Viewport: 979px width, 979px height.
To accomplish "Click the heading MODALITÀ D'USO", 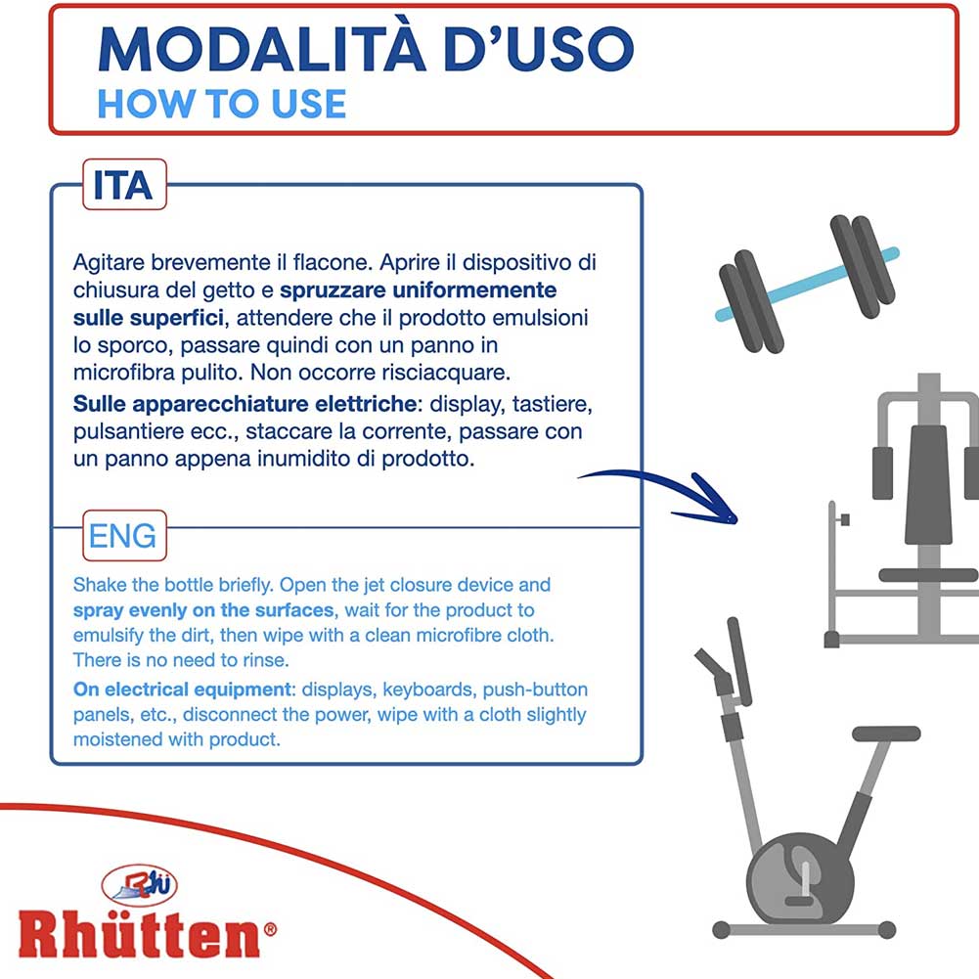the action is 366,49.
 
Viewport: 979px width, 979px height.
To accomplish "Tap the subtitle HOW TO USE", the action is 222,104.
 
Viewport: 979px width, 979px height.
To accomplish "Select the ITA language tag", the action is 124,185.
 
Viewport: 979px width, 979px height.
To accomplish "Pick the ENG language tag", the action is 124,536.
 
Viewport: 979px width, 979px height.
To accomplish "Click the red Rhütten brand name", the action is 139,934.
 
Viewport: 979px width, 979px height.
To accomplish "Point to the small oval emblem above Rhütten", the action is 139,885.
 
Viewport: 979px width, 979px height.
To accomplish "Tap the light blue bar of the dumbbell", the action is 806,285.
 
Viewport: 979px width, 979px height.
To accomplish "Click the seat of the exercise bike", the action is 886,734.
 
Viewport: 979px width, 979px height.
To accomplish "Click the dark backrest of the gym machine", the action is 928,484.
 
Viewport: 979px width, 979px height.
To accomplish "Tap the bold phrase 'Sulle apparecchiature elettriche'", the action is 245,404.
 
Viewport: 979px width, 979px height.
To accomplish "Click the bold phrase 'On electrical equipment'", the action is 182,690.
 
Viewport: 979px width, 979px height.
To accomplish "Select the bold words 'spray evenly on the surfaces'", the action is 203,610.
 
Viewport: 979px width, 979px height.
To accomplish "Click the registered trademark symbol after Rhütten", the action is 270,930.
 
